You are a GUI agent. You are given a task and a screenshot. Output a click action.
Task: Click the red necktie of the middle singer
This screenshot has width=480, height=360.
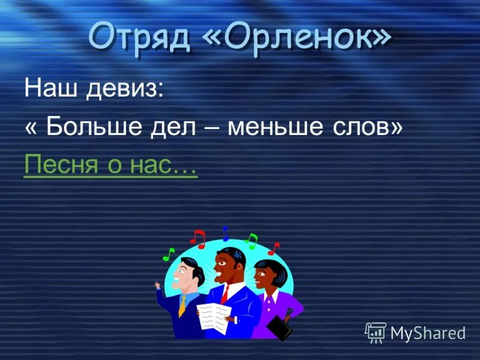(x=224, y=294)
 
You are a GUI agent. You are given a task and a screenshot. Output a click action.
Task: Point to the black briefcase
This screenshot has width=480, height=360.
(x=280, y=327)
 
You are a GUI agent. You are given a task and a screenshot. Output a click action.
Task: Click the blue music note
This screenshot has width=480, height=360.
(x=226, y=233)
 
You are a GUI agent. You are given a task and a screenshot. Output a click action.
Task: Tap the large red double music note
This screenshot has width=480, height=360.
(x=198, y=238)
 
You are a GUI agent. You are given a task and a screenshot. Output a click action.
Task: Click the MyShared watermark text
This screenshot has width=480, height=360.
(x=428, y=332)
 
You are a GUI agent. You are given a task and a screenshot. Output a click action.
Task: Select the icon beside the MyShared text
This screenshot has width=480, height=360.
(x=376, y=332)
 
